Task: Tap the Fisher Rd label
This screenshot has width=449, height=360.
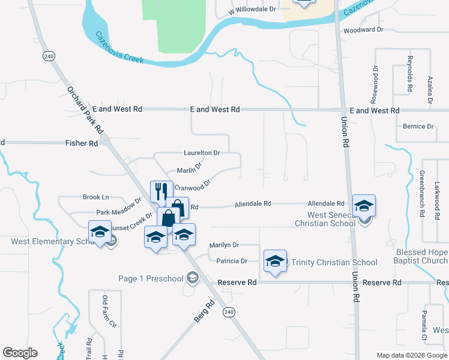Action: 81,143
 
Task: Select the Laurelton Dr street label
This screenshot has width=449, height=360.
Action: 202,153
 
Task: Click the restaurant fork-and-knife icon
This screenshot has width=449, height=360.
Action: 161,191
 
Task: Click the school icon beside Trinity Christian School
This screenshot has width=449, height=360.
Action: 275,261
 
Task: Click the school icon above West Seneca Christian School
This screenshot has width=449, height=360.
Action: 364,206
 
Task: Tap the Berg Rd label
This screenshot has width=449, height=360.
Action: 204,313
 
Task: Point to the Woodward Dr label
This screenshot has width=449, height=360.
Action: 363,29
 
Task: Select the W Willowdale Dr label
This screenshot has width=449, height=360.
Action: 252,10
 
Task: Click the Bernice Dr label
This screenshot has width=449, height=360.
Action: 418,127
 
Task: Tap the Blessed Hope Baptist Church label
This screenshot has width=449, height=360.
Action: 421,256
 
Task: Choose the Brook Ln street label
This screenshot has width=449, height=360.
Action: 96,197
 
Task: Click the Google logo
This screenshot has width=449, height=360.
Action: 20,352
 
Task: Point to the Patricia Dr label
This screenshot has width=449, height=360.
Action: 228,261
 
